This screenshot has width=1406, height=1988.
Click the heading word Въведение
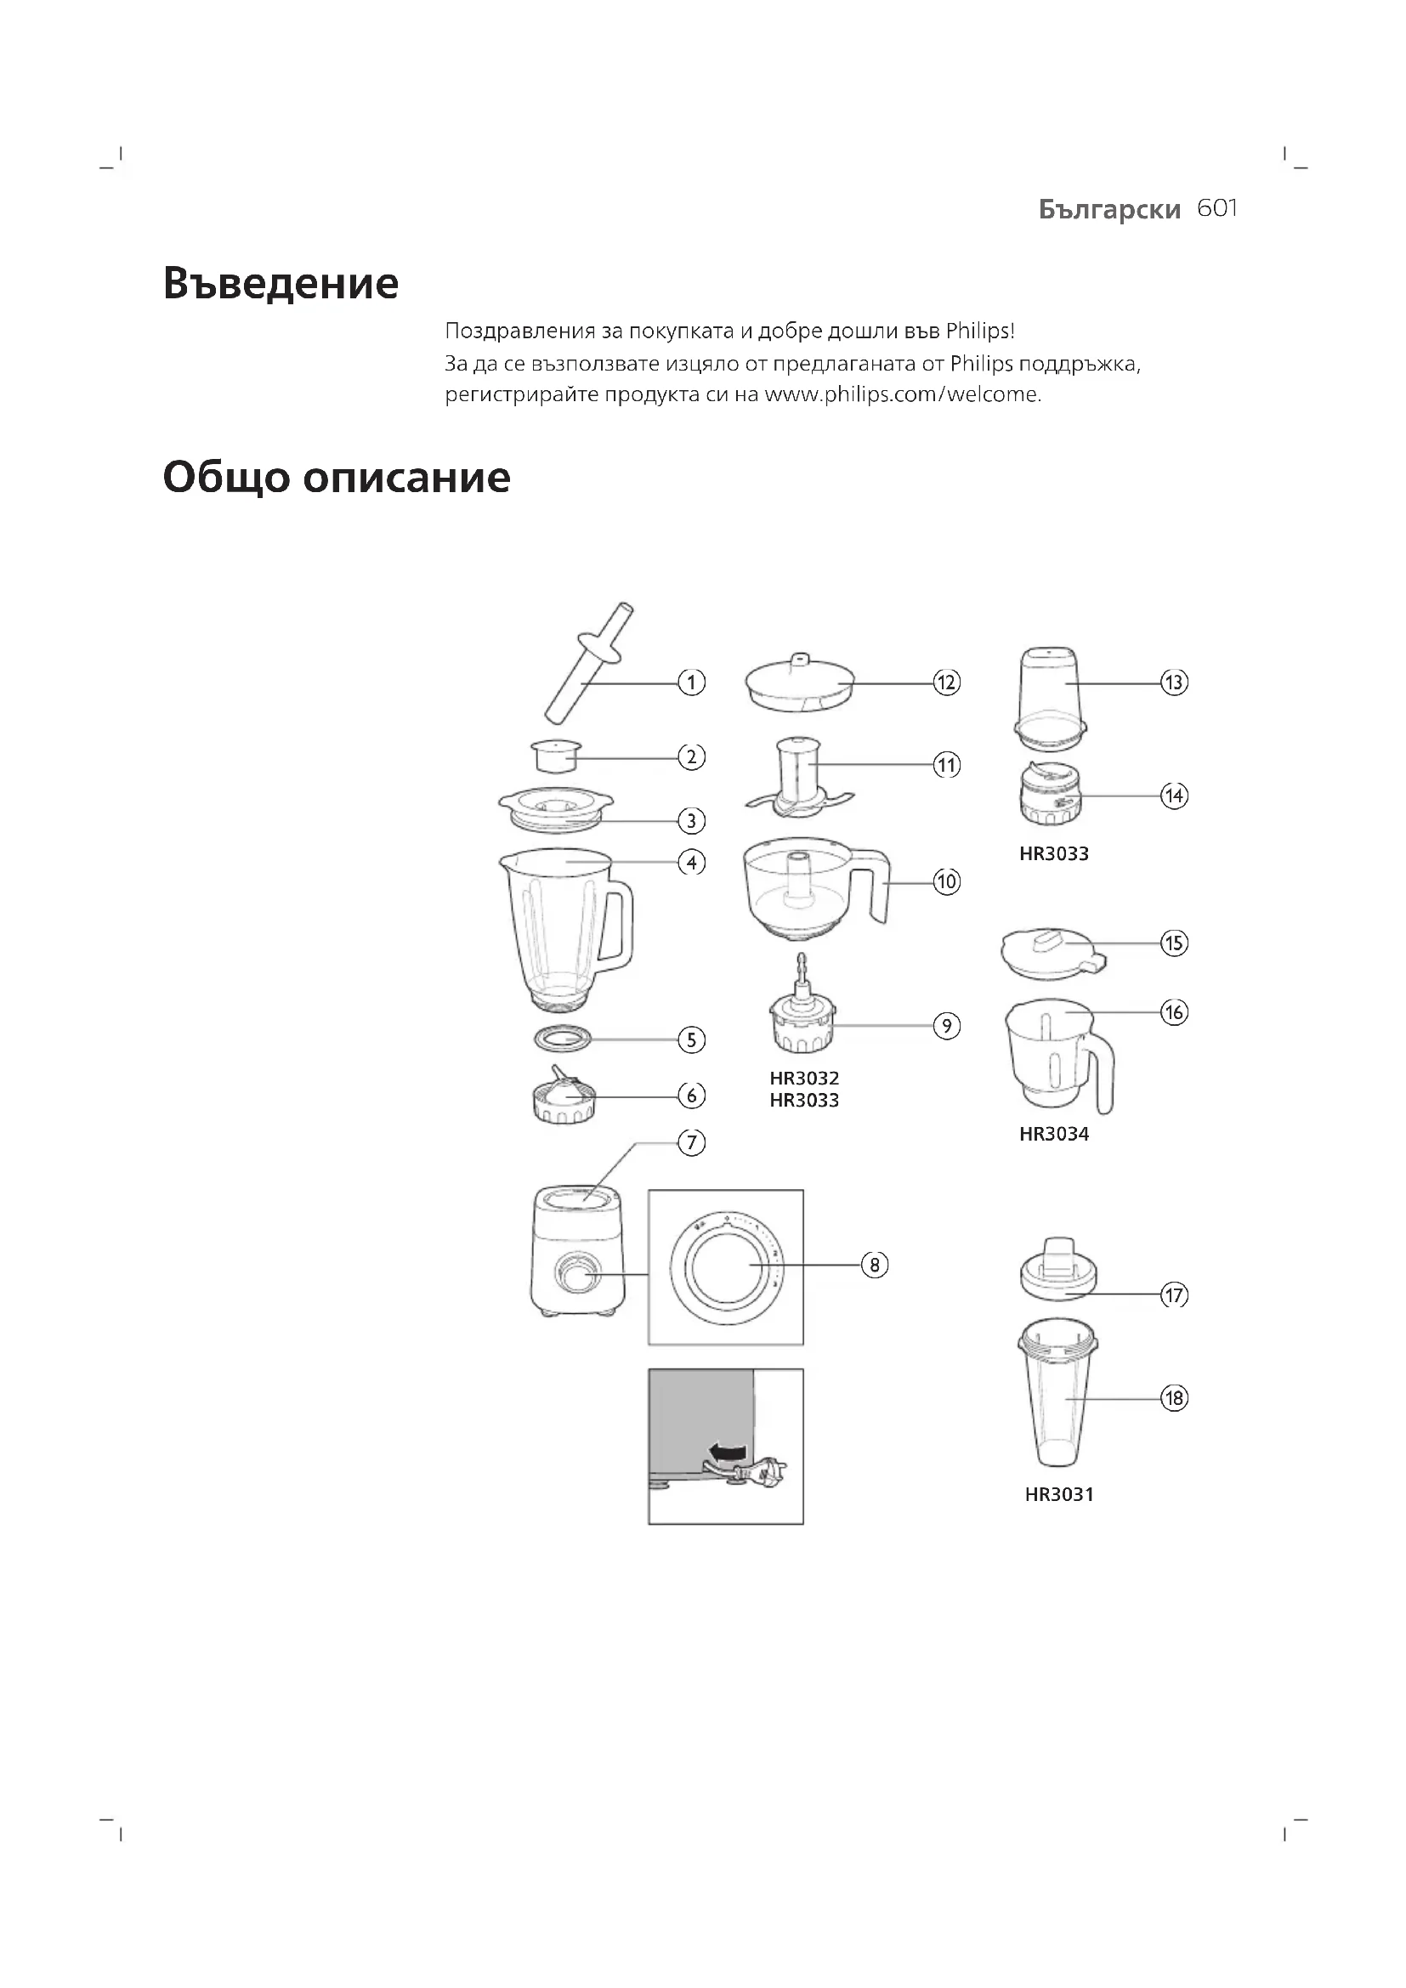[x=281, y=284]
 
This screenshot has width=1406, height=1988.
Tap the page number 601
[x=1216, y=209]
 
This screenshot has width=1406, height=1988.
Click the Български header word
[x=1109, y=210]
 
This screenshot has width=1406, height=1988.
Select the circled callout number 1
[x=691, y=682]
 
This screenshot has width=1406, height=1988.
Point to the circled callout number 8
[x=875, y=1265]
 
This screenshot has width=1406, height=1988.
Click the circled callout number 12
[x=946, y=682]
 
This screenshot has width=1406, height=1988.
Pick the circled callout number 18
[x=1174, y=1398]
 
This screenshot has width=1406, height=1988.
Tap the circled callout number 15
[x=1174, y=943]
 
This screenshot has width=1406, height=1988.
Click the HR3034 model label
[x=1053, y=1135]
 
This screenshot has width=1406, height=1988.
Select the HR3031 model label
[x=1059, y=1494]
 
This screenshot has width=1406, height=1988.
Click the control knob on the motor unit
[x=572, y=1275]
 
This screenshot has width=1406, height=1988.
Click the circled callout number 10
[x=946, y=882]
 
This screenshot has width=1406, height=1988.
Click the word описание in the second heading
[x=407, y=478]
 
